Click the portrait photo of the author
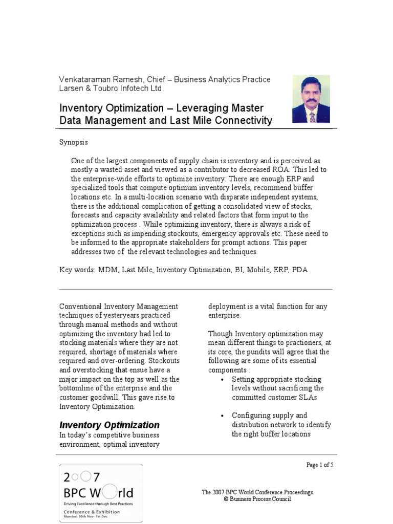312,99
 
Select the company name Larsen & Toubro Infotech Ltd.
112,89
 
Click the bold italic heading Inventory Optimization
110,425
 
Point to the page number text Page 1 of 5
320,465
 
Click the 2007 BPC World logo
101,492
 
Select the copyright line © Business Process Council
257,499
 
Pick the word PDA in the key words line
300,270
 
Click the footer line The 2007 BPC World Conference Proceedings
257,492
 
